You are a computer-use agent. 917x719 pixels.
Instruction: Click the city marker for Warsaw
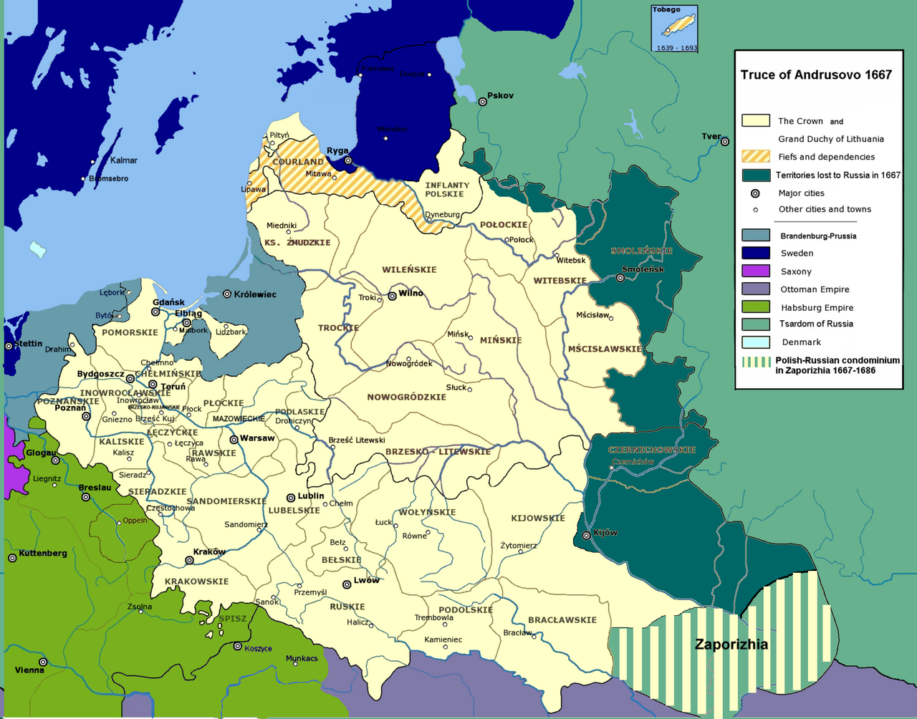[234, 439]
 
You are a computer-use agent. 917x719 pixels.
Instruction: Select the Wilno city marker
[392, 295]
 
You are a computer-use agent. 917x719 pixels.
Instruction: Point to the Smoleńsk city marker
[620, 278]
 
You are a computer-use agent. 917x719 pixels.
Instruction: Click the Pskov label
[500, 95]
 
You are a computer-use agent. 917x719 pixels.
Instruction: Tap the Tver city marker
[725, 141]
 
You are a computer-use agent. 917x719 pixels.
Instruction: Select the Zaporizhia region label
[731, 645]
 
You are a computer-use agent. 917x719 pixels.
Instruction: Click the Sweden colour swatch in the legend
[756, 253]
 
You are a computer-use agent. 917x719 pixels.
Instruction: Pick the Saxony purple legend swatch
[756, 271]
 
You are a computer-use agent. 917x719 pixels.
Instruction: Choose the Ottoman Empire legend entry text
[815, 289]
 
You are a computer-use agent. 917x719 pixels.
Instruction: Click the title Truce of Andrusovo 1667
[816, 75]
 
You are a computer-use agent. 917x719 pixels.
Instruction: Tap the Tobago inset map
[674, 29]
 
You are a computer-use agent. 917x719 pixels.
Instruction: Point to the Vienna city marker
[43, 662]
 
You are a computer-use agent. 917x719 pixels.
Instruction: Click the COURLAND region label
[298, 162]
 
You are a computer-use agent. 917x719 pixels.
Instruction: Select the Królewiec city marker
[227, 294]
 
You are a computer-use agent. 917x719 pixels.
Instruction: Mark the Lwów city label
[367, 580]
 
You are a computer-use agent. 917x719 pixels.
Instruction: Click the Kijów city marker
[587, 535]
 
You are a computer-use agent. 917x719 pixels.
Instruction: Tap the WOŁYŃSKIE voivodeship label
[427, 512]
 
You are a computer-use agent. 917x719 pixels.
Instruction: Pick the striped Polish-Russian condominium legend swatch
[756, 362]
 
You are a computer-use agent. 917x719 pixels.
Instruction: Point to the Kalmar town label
[124, 160]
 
